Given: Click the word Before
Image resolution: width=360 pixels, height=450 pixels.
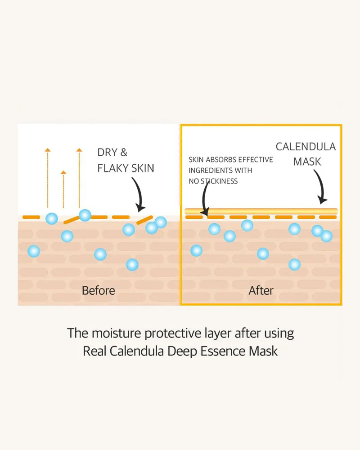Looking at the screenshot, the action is pyautogui.click(x=99, y=290).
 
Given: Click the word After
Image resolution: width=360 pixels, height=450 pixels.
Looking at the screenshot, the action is pyautogui.click(x=261, y=290).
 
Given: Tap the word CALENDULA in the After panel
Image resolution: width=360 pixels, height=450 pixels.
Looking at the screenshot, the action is pyautogui.click(x=306, y=147).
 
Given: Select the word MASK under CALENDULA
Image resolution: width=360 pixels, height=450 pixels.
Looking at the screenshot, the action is pyautogui.click(x=307, y=162).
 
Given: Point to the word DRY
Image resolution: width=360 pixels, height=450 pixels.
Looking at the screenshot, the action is pyautogui.click(x=108, y=153).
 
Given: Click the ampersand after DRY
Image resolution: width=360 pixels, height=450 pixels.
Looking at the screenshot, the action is pyautogui.click(x=124, y=153).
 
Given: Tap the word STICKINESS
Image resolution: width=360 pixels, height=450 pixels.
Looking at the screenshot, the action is pyautogui.click(x=219, y=181).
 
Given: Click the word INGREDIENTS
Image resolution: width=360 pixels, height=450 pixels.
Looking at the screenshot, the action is pyautogui.click(x=211, y=171).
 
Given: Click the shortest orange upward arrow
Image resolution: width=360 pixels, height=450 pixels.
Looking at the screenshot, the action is pyautogui.click(x=63, y=189).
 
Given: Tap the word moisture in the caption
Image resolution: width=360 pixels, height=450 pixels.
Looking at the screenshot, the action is pyautogui.click(x=117, y=333).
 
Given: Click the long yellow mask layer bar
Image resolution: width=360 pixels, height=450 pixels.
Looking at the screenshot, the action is pyautogui.click(x=261, y=211).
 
